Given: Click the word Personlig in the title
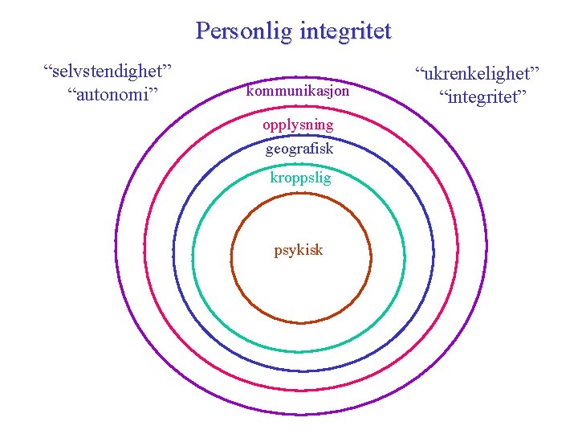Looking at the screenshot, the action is point(244,32).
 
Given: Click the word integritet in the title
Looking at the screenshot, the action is point(345,32).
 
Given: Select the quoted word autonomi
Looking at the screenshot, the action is point(113,94).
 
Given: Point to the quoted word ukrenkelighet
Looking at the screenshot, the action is point(478,74).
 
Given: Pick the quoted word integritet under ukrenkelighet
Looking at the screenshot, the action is point(482,97).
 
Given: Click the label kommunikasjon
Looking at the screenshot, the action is point(298,92).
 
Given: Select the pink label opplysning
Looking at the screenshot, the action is point(298,125).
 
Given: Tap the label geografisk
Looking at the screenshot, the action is point(299,149).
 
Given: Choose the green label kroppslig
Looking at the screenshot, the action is point(300,178).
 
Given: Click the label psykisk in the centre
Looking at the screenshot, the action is point(299,250).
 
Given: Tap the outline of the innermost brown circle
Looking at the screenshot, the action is point(232,257).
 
